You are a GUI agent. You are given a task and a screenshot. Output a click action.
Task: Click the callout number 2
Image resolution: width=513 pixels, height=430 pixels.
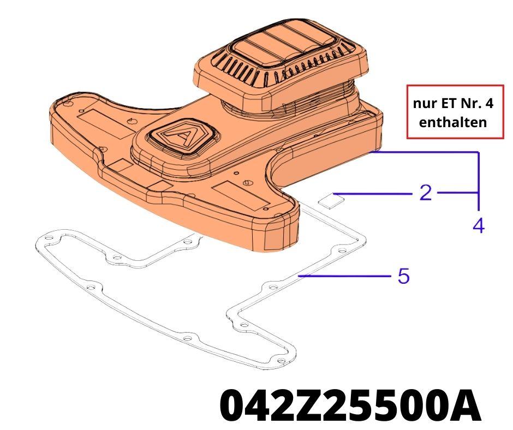click(426, 193)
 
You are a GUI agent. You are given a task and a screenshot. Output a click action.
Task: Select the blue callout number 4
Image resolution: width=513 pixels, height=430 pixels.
click(479, 225)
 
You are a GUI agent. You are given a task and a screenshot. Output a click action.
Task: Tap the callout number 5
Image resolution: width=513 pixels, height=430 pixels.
click(404, 276)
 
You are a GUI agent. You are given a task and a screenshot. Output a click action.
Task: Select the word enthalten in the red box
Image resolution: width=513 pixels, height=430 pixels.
click(453, 122)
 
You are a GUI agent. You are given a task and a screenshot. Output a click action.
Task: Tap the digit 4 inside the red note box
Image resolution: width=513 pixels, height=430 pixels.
click(489, 104)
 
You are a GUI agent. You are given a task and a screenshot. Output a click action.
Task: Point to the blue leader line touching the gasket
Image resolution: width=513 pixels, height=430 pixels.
click(345, 276)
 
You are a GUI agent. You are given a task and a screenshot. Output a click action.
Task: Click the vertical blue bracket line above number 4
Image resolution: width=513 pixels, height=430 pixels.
click(479, 181)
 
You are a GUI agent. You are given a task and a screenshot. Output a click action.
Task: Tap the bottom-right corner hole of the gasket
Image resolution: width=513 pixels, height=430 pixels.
click(281, 361)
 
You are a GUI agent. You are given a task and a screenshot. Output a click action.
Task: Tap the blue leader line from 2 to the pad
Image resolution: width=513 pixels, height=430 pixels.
click(373, 194)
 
